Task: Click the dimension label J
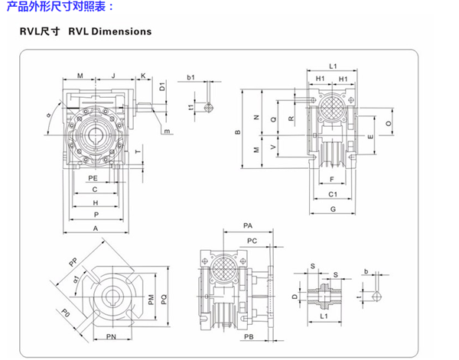(x=112, y=76)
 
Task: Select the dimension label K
(x=143, y=76)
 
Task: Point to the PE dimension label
(x=92, y=177)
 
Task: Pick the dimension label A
(x=95, y=228)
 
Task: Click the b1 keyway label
(x=190, y=78)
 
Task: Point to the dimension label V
(x=274, y=146)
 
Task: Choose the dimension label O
(x=389, y=122)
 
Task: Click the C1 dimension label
(x=334, y=195)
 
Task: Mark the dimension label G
(x=334, y=209)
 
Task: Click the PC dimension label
(x=252, y=241)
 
